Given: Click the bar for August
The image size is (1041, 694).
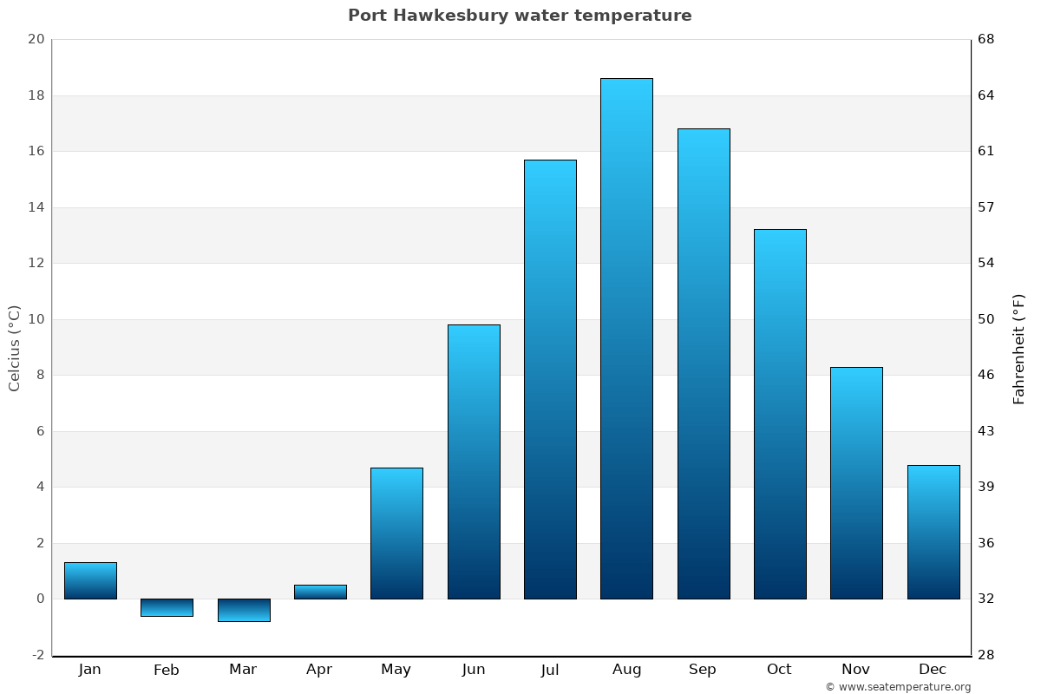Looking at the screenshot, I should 626,338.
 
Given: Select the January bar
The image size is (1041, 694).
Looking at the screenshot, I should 90,580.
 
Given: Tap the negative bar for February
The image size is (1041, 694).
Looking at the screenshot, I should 167,607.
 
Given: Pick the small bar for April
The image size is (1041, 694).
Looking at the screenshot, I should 320,592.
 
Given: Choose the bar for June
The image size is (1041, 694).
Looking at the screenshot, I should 474,462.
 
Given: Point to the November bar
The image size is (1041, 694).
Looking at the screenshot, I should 856,482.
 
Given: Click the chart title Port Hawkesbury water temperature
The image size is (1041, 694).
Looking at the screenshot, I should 520,16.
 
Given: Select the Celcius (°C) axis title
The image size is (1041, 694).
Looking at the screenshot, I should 15,348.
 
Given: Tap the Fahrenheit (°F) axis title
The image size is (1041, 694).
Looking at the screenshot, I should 1019,349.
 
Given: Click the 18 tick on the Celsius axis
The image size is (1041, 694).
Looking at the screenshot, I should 36,95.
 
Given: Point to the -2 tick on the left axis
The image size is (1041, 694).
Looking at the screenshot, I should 37,655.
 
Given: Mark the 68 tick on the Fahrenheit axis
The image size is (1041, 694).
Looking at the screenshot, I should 987,39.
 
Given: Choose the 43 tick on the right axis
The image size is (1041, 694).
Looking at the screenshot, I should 987,431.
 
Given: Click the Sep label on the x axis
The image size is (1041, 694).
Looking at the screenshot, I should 703,670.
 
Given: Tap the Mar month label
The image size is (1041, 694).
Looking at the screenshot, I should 243,670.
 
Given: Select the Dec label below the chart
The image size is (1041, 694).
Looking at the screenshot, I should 933,670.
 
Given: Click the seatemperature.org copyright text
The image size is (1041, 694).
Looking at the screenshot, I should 898,687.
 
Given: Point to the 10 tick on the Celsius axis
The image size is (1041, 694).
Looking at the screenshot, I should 36,319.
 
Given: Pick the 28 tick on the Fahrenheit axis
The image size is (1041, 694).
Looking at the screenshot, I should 987,655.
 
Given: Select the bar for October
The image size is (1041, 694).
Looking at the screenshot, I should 780,414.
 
